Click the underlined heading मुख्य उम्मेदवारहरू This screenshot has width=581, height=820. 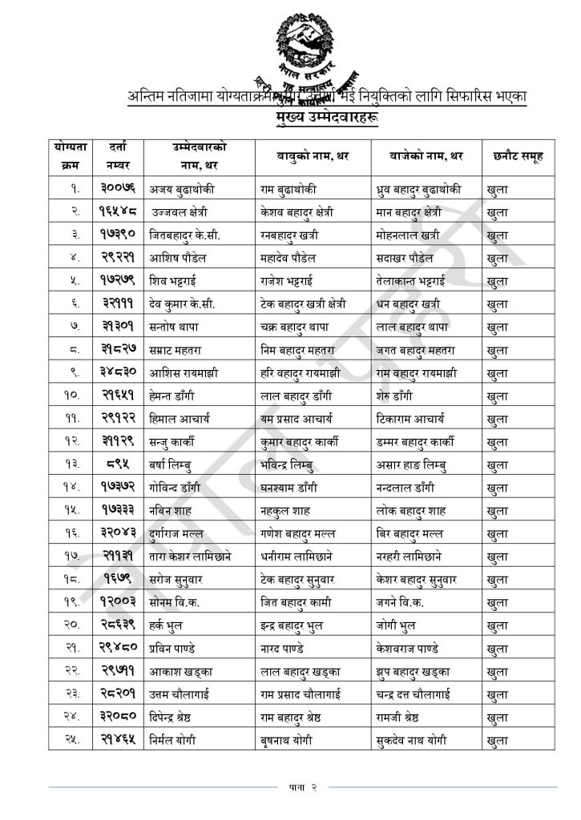point(325,118)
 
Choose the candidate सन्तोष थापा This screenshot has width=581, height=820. point(174,328)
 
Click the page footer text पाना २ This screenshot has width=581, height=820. point(303,788)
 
